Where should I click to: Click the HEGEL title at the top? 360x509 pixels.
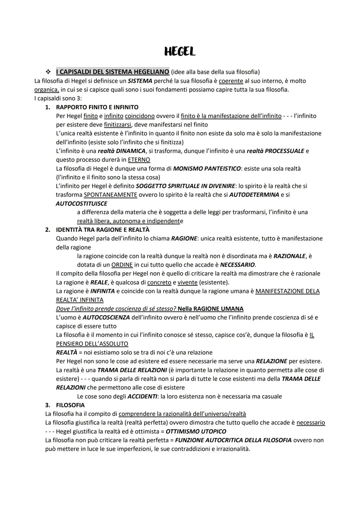pos(180,52)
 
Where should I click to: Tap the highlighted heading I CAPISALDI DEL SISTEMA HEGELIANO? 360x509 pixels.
pos(112,72)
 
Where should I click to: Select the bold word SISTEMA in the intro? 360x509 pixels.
pos(140,81)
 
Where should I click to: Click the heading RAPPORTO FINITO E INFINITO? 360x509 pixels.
pos(97,107)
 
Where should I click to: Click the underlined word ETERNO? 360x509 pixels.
pos(139,160)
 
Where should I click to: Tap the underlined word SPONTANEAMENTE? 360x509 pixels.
pos(110,195)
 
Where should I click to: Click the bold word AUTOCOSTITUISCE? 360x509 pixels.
pos(81,203)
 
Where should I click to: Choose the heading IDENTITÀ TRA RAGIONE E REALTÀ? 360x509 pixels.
pos(103,230)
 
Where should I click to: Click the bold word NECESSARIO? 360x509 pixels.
pos(237,265)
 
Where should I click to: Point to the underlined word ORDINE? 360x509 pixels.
pos(122,265)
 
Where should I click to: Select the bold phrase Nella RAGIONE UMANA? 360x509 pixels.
pos(210,309)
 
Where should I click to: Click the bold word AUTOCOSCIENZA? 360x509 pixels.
pos(106,317)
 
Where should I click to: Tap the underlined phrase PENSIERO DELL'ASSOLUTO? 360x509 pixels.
pos(92,344)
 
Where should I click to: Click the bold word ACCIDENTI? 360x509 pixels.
pos(142,396)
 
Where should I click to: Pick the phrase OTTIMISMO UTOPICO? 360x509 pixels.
pos(196,431)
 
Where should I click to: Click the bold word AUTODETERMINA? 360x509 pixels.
pos(254,195)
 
